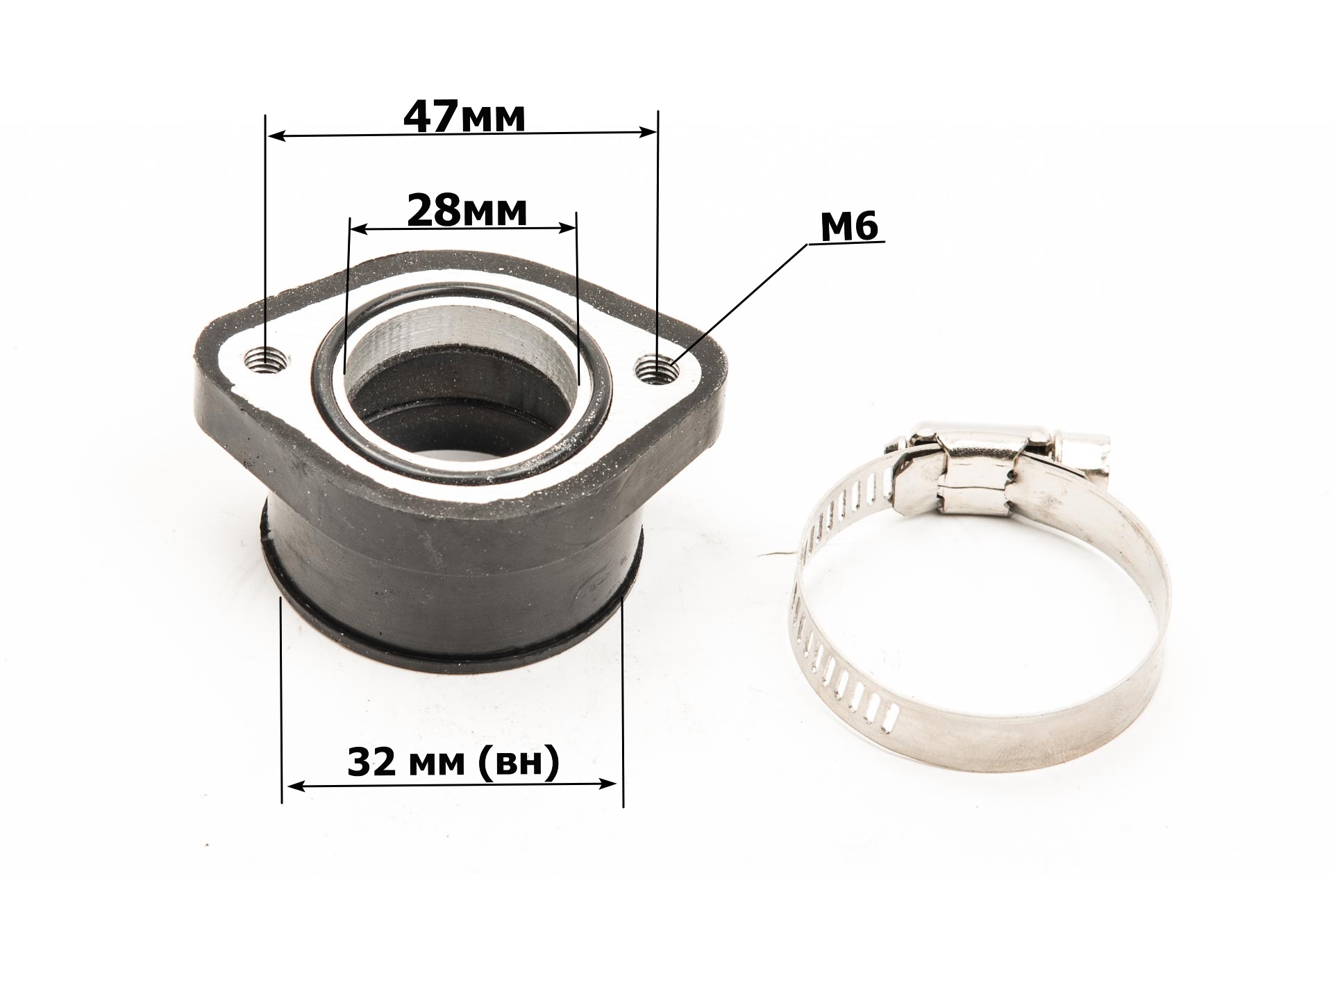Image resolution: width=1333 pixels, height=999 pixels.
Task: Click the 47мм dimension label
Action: (464, 117)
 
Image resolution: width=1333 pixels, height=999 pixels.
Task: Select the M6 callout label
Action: (850, 226)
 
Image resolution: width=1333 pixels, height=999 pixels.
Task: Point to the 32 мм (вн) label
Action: (453, 763)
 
